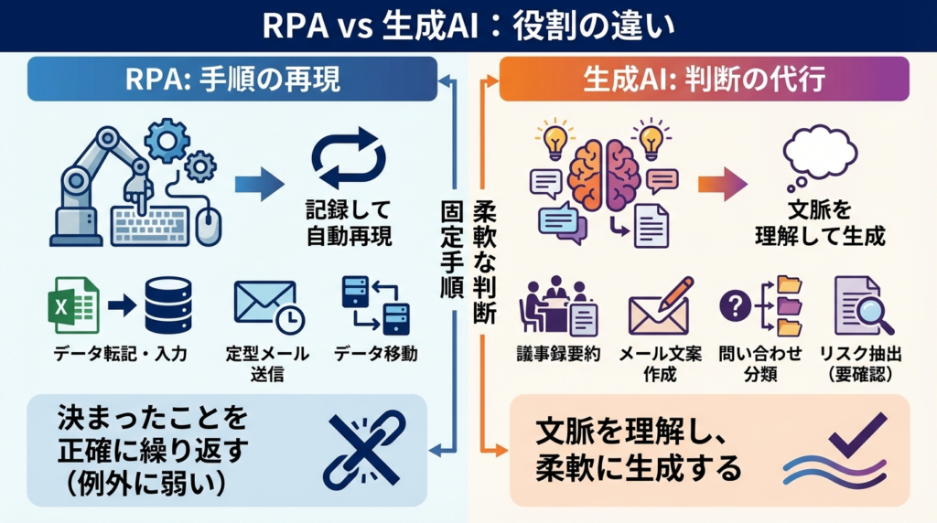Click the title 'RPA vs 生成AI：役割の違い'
point(468,25)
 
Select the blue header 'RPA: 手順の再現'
point(232,80)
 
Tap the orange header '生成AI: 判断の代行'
point(704,80)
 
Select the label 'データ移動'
point(375,354)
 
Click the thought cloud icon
point(820,151)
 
